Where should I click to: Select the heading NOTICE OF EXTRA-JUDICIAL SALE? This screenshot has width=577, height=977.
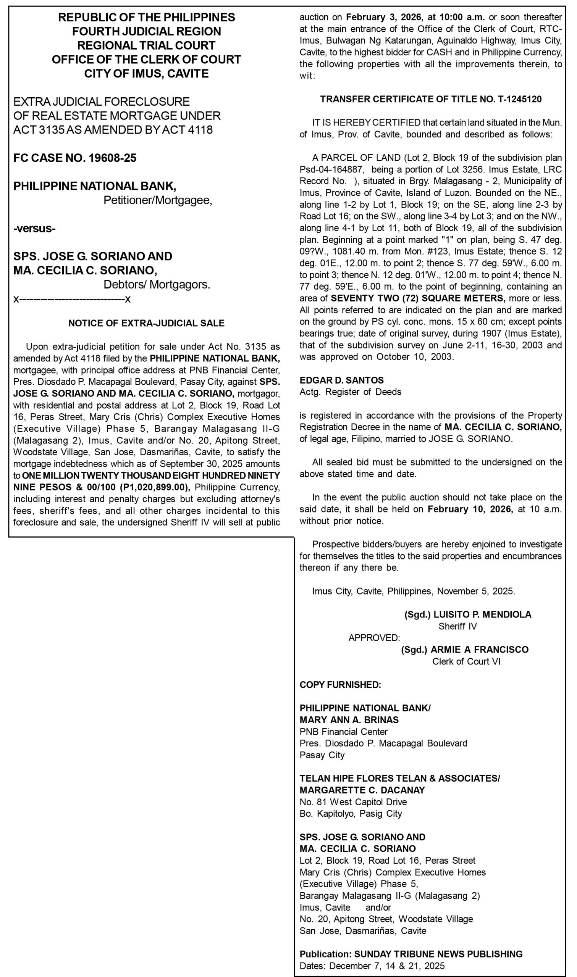pos(146,323)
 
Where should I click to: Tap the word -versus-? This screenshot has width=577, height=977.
pos(34,229)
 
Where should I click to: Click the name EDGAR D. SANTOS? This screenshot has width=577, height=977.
pos(341,380)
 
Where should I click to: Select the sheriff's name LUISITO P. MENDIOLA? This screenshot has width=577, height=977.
pos(482,614)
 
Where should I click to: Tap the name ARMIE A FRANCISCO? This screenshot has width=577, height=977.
pos(479,650)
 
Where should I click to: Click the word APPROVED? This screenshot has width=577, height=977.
pos(374,638)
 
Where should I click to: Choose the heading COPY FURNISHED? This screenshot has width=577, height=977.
pos(340,685)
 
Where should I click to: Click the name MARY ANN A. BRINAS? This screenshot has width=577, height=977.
pos(349,720)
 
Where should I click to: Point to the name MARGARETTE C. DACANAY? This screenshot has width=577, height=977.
pos(362,790)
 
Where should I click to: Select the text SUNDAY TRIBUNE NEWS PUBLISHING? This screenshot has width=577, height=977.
pos(438,954)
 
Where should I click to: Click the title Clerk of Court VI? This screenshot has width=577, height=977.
pos(466,661)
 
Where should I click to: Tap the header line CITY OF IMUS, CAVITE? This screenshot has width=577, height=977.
pos(146,74)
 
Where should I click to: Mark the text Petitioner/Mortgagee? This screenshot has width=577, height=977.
pos(157,200)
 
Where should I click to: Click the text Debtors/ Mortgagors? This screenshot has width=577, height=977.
pos(157,285)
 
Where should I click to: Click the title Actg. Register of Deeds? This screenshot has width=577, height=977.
pos(350,392)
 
